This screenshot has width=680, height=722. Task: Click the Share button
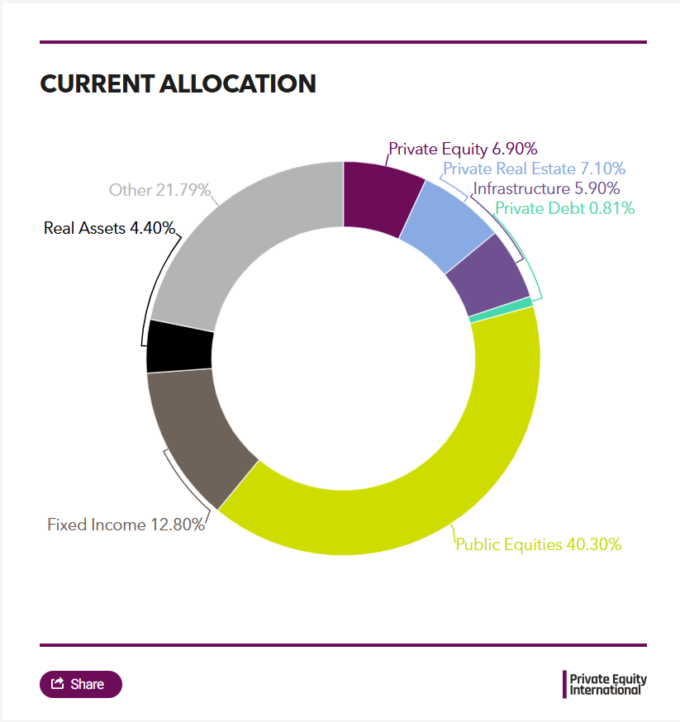coord(81,684)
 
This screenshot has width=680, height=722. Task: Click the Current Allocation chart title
coord(178,83)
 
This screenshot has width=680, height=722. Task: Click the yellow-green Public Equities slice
coord(430,463)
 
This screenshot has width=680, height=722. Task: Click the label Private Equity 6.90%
coord(463,150)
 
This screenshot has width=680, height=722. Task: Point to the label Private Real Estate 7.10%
coord(534,169)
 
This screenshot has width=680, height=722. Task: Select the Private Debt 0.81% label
coord(565,208)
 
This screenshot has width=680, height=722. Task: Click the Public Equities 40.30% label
coord(539,544)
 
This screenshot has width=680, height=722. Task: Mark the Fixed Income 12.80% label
coord(126,525)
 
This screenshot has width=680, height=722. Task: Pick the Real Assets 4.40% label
coord(110,228)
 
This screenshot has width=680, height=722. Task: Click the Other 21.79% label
coord(159,190)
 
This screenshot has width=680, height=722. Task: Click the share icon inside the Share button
coord(58,683)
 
